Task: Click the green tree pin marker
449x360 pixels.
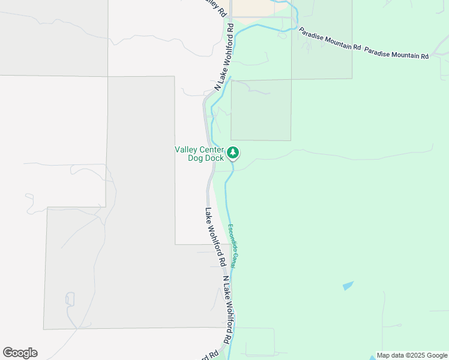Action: (233, 153)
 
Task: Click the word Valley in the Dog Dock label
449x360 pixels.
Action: (187, 149)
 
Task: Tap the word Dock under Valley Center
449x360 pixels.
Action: (215, 158)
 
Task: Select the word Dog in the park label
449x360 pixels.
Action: (196, 158)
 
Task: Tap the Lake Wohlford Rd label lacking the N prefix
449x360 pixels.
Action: (214, 237)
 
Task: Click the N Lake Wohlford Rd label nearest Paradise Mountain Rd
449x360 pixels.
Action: (224, 57)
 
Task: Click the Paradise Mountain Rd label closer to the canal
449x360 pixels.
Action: (330, 39)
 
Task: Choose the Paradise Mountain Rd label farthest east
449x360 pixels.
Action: (396, 55)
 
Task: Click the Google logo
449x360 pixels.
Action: (20, 353)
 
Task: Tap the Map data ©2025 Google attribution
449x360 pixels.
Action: (411, 355)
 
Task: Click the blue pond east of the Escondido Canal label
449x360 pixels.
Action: (348, 286)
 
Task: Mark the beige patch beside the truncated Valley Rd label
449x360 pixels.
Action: (251, 7)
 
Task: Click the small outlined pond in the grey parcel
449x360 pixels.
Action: (70, 298)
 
